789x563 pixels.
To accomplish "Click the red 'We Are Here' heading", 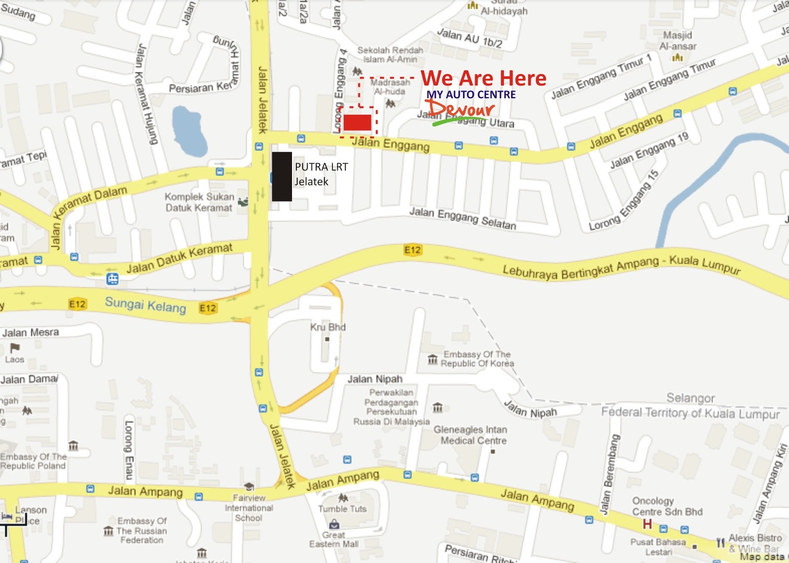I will pyautogui.click(x=483, y=78).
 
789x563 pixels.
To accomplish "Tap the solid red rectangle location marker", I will pyautogui.click(x=357, y=122).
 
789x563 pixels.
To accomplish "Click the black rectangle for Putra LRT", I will pyautogui.click(x=282, y=176).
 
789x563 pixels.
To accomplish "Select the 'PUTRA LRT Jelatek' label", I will pyautogui.click(x=321, y=174).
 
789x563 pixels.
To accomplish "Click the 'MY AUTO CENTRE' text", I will pyautogui.click(x=471, y=94).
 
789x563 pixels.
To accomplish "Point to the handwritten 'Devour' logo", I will pyautogui.click(x=462, y=109).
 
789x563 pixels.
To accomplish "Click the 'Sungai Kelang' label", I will pyautogui.click(x=145, y=304).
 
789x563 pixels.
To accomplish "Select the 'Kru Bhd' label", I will pyautogui.click(x=328, y=327).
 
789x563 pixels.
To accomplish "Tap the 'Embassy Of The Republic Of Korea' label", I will pyautogui.click(x=477, y=359).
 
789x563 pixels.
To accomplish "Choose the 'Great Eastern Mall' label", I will pyautogui.click(x=334, y=539).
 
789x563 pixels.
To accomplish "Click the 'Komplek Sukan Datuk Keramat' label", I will pyautogui.click(x=199, y=202).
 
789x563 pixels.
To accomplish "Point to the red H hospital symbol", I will pyautogui.click(x=647, y=524).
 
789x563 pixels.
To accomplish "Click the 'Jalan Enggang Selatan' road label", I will pyautogui.click(x=463, y=218).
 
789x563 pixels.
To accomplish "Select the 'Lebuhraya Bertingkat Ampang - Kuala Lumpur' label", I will pyautogui.click(x=621, y=266).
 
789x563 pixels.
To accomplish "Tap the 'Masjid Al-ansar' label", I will pyautogui.click(x=678, y=41).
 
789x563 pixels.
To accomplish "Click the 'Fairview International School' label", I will pyautogui.click(x=249, y=508).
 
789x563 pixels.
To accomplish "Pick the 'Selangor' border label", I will pyautogui.click(x=690, y=398).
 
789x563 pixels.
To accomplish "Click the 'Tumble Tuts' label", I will pyautogui.click(x=342, y=509).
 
